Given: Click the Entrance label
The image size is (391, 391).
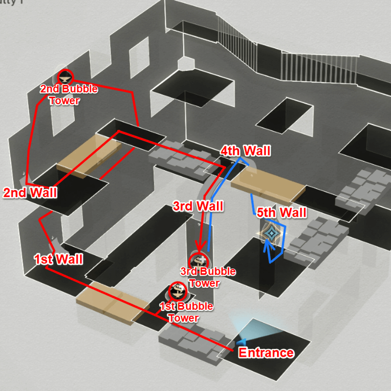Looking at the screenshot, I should click(266, 353).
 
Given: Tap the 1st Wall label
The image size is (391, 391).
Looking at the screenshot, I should click(58, 259).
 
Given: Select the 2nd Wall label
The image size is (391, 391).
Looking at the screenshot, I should click(30, 193).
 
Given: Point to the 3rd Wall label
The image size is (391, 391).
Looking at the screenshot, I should click(198, 206).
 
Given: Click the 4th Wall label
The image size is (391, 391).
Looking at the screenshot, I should click(245, 151).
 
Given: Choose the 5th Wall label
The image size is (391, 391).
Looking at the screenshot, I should click(282, 213).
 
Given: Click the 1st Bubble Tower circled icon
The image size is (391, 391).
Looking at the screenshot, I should click(176, 292).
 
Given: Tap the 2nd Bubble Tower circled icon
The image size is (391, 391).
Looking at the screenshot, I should click(65, 76).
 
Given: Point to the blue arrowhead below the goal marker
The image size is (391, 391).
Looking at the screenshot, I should click(267, 244).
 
